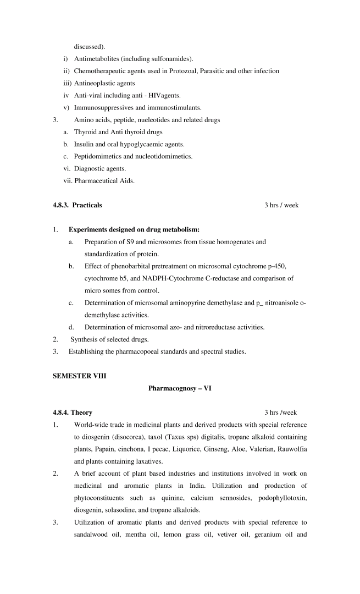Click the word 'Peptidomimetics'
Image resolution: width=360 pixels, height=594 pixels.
(x=99, y=156)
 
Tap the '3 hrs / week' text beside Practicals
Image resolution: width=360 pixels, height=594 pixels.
(x=281, y=205)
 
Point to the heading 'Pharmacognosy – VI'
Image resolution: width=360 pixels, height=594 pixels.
(x=180, y=388)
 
